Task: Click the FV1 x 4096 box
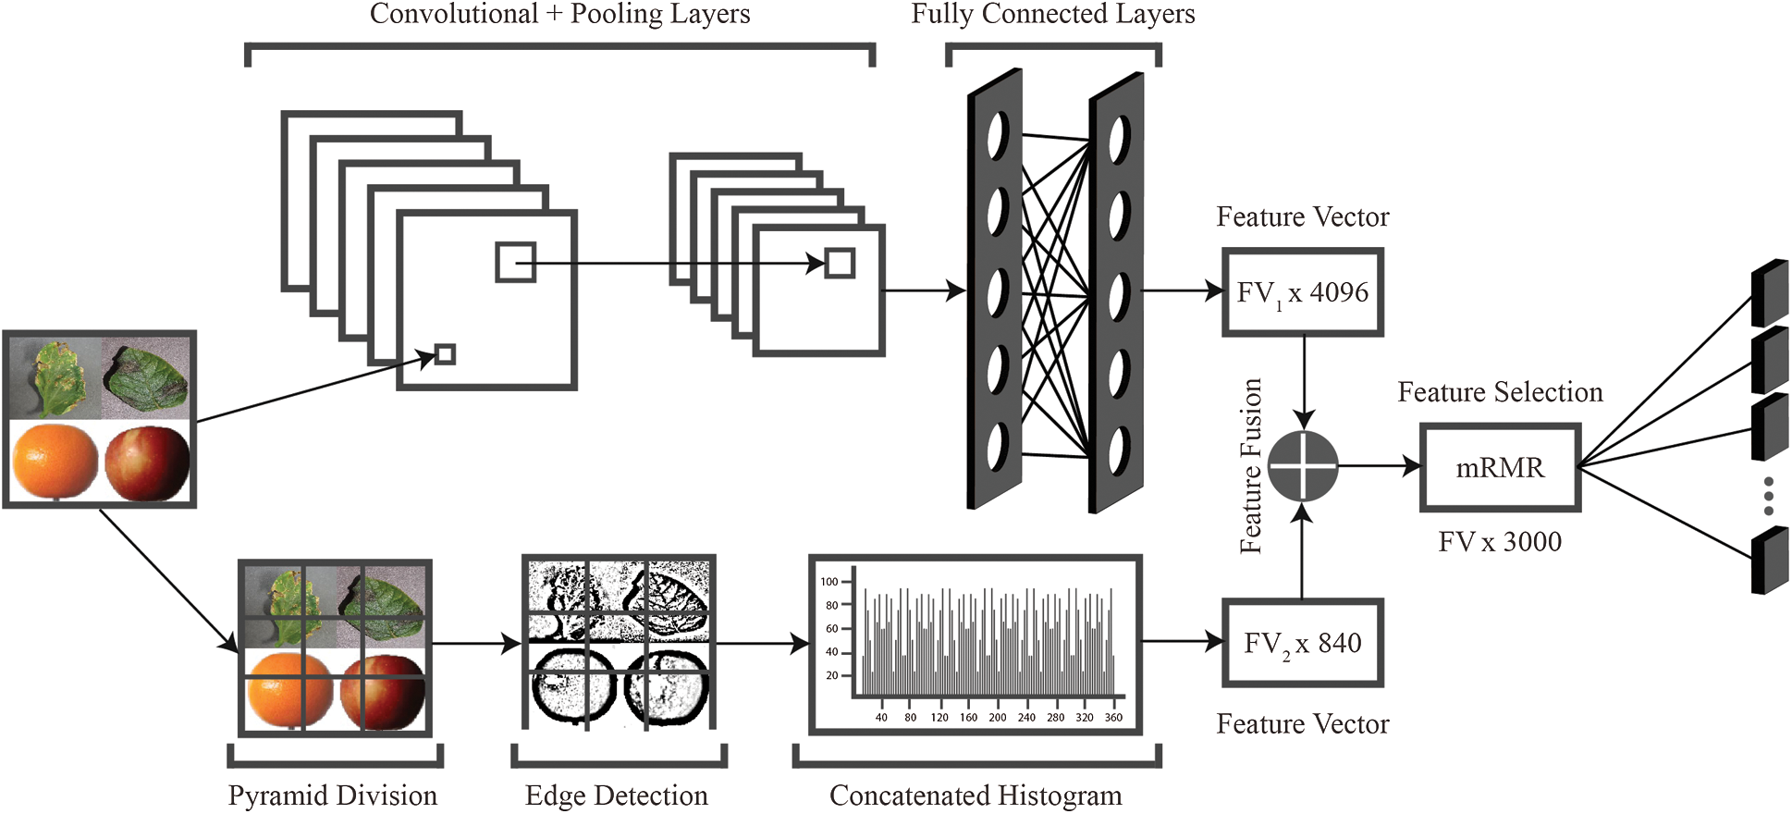(1302, 292)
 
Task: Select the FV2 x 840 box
(1302, 643)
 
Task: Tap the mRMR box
(1500, 467)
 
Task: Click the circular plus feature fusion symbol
(1303, 466)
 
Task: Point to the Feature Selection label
(1500, 392)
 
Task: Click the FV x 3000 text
(1500, 542)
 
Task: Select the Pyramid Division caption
(333, 795)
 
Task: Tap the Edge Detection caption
(617, 795)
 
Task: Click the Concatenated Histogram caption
(976, 795)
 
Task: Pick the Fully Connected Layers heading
(1053, 14)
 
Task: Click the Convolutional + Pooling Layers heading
(560, 14)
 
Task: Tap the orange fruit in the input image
(55, 462)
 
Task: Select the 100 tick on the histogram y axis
(828, 582)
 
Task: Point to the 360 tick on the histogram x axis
(1113, 717)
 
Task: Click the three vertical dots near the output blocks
(1768, 496)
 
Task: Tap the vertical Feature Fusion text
(1251, 466)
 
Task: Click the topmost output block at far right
(1770, 292)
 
